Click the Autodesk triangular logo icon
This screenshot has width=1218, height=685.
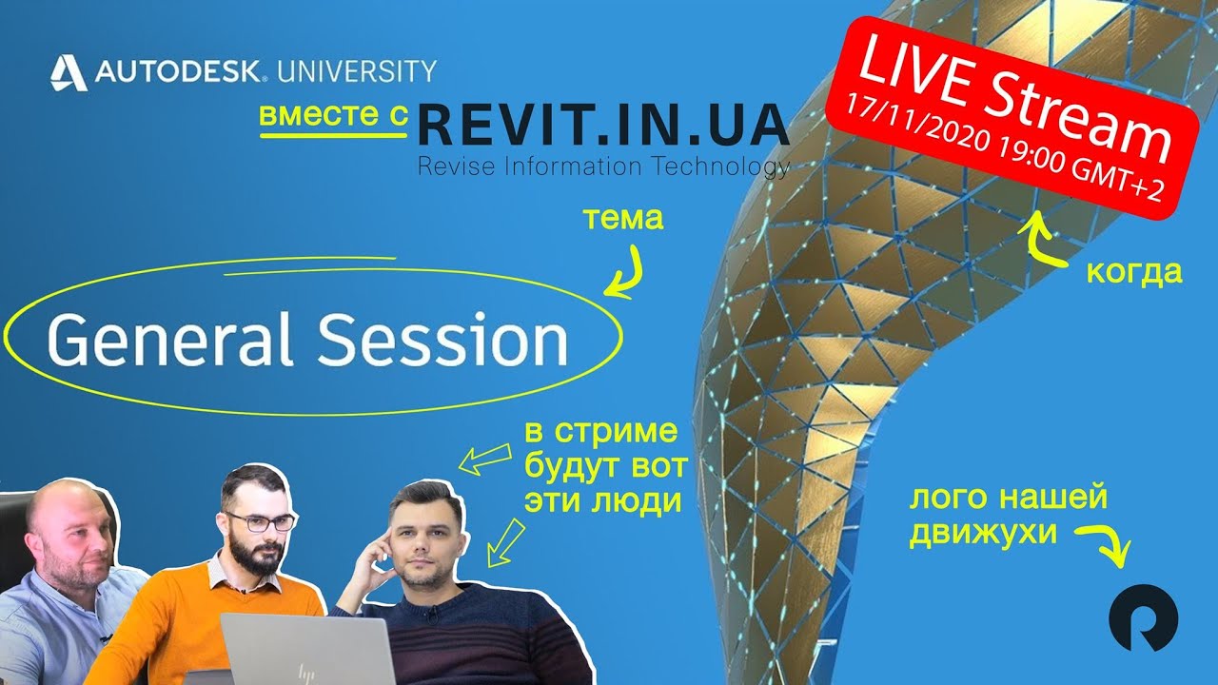tap(69, 72)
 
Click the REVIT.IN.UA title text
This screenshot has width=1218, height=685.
tap(603, 124)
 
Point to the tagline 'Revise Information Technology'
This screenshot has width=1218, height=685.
tap(603, 167)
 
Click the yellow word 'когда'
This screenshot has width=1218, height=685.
tap(1134, 272)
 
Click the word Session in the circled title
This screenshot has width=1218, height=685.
tap(442, 341)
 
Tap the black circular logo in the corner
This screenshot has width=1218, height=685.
tap(1143, 617)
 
